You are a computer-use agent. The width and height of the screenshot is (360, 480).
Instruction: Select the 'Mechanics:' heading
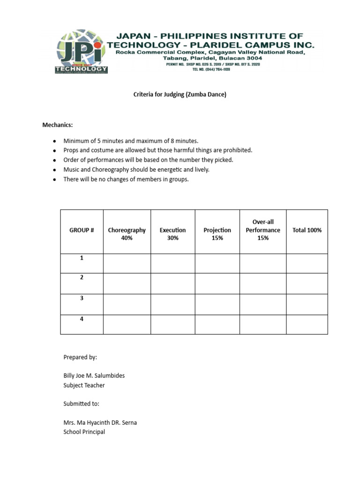58,125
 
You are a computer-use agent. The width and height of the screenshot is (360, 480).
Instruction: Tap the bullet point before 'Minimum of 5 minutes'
54,141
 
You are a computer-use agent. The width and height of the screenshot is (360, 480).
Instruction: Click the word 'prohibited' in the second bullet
238,150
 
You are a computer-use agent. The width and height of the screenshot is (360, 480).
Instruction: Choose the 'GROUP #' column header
82,230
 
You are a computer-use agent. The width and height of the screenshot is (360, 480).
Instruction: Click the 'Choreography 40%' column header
127,234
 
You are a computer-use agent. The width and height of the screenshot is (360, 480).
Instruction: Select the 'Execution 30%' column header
172,234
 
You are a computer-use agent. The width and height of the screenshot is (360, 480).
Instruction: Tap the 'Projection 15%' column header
217,234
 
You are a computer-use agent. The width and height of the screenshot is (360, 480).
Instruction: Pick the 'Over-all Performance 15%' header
262,230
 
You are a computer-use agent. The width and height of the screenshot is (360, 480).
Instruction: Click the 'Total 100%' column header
307,230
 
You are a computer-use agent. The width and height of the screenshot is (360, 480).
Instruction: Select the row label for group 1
82,258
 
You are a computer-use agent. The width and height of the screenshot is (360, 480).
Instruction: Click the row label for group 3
82,298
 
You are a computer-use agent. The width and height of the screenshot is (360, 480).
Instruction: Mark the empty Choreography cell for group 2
127,284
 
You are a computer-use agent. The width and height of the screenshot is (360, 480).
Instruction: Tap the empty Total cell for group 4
307,324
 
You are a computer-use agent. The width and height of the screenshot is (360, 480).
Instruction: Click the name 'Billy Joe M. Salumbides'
94,375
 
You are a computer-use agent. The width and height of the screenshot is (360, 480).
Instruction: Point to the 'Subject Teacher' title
84,385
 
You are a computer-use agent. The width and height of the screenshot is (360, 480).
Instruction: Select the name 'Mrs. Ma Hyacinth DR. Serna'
100,422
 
